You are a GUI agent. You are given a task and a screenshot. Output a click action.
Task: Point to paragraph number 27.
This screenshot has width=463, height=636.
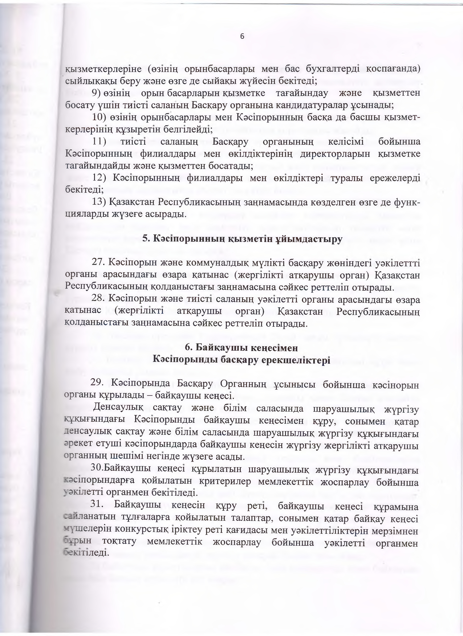click(x=98, y=263)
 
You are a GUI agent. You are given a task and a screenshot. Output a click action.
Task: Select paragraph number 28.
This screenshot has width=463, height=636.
click(x=98, y=300)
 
